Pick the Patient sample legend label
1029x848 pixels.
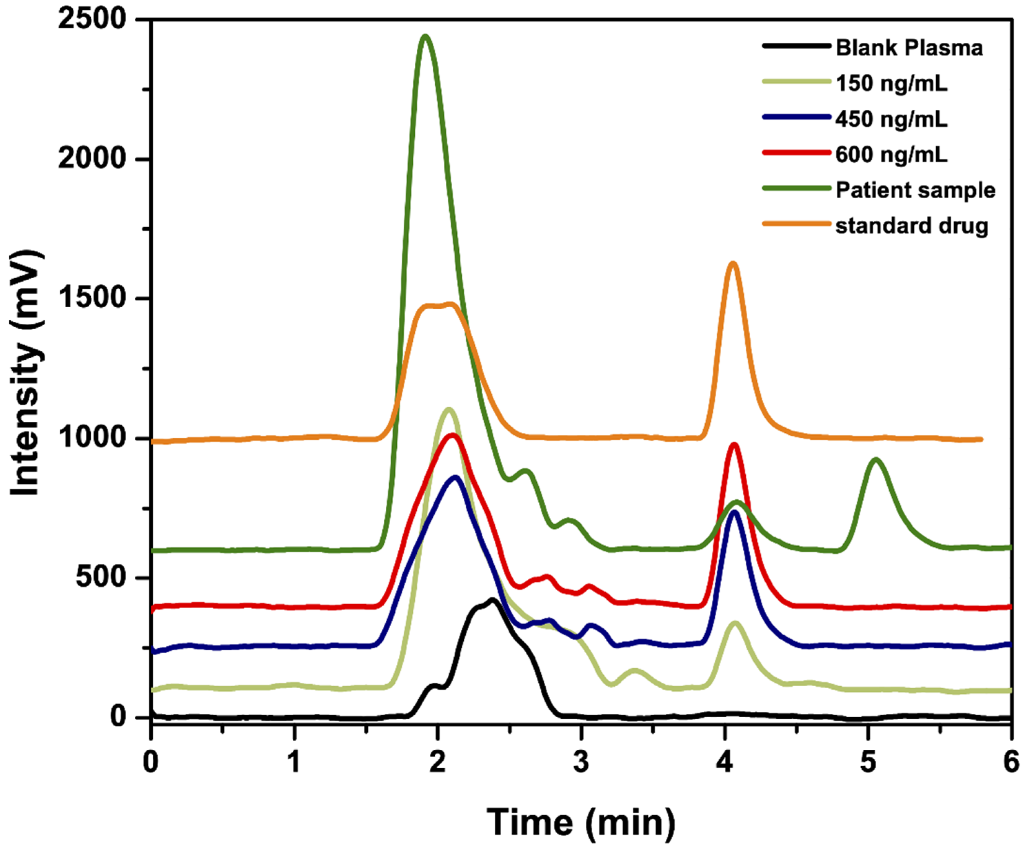pyautogui.click(x=915, y=190)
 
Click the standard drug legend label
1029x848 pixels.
pyautogui.click(x=911, y=226)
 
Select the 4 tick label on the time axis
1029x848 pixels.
pyautogui.click(x=725, y=762)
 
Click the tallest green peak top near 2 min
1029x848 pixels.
pyautogui.click(x=425, y=36)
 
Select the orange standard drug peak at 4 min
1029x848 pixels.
pyautogui.click(x=733, y=264)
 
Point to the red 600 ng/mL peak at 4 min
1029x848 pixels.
pyautogui.click(x=734, y=445)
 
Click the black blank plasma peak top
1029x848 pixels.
pyautogui.click(x=492, y=599)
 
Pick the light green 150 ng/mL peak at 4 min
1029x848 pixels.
pyautogui.click(x=735, y=623)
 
